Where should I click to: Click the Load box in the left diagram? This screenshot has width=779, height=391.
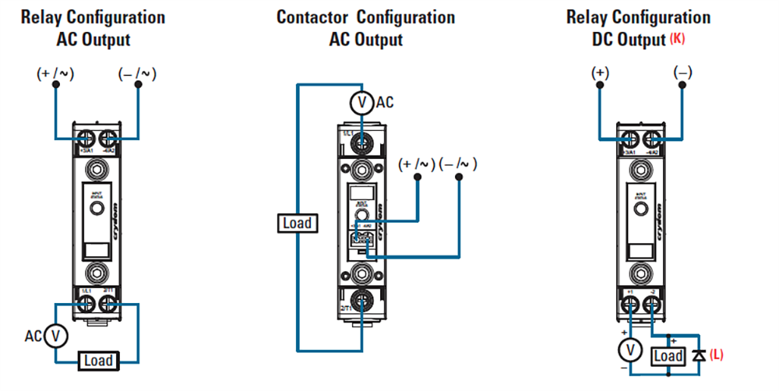pyautogui.click(x=99, y=361)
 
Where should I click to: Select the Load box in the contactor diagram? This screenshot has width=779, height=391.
pyautogui.click(x=297, y=224)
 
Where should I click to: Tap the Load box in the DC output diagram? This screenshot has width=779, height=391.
pyautogui.click(x=668, y=356)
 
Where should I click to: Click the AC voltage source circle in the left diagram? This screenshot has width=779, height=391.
pyautogui.click(x=55, y=336)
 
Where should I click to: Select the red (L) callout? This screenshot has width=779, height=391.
pyautogui.click(x=717, y=354)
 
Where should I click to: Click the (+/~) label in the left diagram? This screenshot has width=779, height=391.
pyautogui.click(x=53, y=74)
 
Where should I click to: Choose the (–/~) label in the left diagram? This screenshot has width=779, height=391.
pyautogui.click(x=137, y=74)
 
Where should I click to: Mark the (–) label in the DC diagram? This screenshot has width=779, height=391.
pyautogui.click(x=682, y=72)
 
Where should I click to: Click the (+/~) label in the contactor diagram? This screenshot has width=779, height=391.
pyautogui.click(x=415, y=164)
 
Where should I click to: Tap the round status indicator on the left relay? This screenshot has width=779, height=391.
pyautogui.click(x=97, y=210)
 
